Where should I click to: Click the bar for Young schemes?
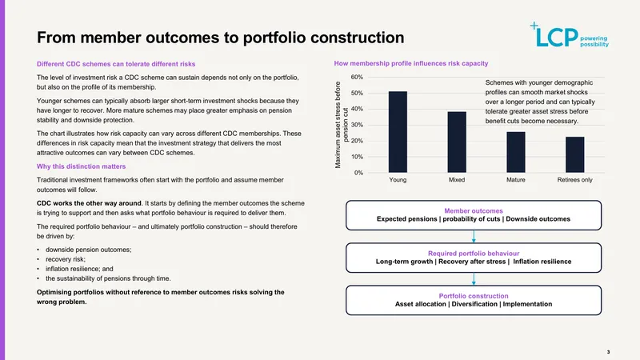click(398, 132)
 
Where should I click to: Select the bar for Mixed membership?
click(457, 142)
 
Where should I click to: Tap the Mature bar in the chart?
click(516, 152)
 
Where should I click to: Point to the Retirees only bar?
click(574, 154)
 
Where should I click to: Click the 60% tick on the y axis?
click(357, 77)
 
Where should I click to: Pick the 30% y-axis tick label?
click(357, 125)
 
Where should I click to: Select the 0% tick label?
click(358, 173)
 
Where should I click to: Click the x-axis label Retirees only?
click(574, 179)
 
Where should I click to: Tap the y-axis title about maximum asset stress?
click(342, 125)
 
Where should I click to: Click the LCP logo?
click(570, 35)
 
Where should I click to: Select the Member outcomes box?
click(474, 215)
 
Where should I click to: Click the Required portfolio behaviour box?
click(474, 258)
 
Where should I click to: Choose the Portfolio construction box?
click(474, 300)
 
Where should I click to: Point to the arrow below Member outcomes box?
click(474, 237)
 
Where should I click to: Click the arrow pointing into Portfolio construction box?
click(474, 279)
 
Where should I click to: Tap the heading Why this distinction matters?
click(82, 166)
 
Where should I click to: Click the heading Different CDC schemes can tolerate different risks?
click(116, 64)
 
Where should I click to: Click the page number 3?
click(608, 352)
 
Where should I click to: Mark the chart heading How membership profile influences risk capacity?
click(411, 63)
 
